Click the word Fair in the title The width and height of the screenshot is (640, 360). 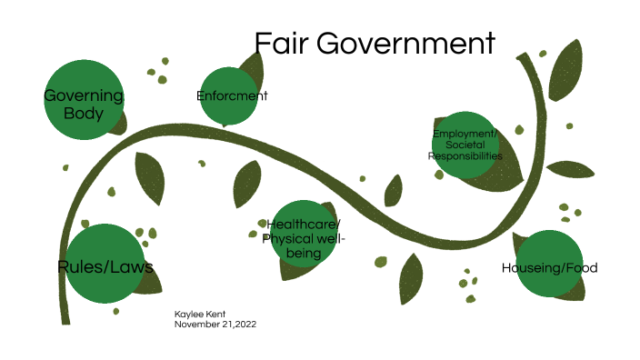[x=280, y=44]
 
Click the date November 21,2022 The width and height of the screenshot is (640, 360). [x=216, y=324]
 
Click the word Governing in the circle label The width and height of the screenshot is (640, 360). [x=84, y=95]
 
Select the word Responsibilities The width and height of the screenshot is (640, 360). [x=465, y=156]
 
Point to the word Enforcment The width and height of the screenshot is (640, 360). [x=232, y=95]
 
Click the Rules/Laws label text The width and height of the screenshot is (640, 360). [x=105, y=266]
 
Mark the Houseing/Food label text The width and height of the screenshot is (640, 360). [x=549, y=267]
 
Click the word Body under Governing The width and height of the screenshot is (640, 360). [x=84, y=114]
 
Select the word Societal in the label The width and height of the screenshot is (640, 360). [x=465, y=145]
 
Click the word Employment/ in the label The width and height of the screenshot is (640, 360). [x=465, y=135]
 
